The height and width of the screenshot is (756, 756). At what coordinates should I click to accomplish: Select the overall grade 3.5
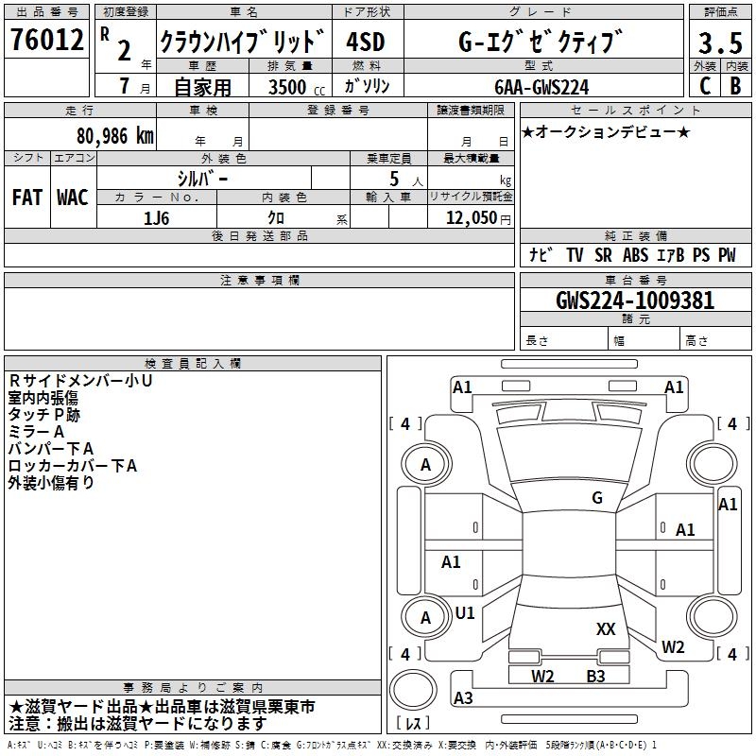coord(719,43)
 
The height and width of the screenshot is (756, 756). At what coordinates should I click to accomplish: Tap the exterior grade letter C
coord(704,85)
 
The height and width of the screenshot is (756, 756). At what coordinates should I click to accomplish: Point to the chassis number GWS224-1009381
coord(635,301)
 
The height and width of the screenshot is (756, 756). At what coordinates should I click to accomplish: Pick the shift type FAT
coord(27,197)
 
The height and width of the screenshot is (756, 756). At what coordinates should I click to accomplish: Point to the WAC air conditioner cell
coord(73,197)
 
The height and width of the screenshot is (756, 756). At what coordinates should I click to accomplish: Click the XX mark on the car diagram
coord(606,628)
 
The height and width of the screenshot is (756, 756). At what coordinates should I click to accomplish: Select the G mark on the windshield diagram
coord(597,498)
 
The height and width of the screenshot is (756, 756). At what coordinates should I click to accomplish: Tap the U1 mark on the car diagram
coord(465,612)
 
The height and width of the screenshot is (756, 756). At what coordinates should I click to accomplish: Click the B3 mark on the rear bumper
coord(595,676)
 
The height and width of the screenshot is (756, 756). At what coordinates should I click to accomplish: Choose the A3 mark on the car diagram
coord(463,698)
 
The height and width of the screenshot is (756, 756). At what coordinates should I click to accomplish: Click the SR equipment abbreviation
coord(603,254)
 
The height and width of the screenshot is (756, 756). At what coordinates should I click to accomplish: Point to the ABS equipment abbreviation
coord(636,254)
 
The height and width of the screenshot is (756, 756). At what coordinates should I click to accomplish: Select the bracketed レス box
coord(412,724)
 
